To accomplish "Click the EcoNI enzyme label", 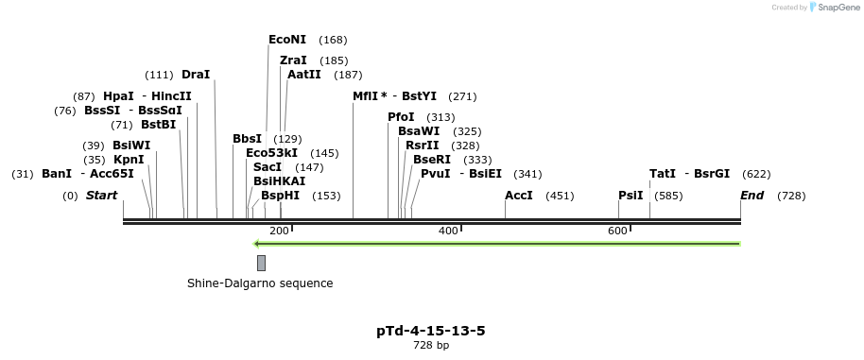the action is coord(287,40).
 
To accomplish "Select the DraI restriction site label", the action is coord(196,75).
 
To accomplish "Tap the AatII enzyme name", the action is coord(303,75).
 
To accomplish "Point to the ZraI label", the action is coord(293,60).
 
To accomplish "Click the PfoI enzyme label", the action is coord(401,117).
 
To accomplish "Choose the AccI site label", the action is coord(519,196).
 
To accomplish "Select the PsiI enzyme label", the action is coord(631,196).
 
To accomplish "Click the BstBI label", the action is coord(159,125).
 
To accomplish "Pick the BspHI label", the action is coord(281,196).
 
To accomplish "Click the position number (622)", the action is coord(756,175).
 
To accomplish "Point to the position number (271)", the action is coord(462,97).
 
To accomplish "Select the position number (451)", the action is coord(560,196).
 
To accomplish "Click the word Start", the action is coord(101,196).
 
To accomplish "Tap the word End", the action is coord(752,196).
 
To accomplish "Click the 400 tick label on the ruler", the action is coord(448,231).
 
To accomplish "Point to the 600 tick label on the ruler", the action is coord(617,231).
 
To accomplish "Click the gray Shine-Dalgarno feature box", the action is coord(261,263).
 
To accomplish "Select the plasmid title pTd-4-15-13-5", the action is coord(431,331).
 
